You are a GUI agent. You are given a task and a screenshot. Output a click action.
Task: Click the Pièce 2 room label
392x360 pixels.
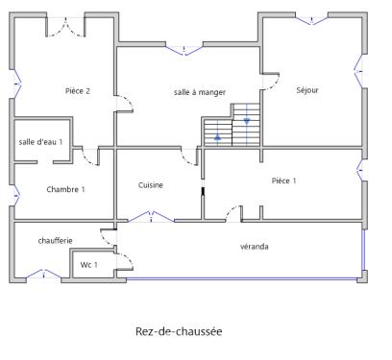(x=77, y=91)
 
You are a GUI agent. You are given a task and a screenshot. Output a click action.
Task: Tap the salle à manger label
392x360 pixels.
(x=199, y=91)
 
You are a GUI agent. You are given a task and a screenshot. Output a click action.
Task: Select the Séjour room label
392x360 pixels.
(x=307, y=90)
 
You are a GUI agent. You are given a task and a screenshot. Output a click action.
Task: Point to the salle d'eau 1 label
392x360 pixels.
(x=40, y=142)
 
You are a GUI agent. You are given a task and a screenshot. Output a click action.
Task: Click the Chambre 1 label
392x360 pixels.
(x=65, y=189)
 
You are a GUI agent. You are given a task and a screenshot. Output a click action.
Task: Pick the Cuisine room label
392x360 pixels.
(x=151, y=184)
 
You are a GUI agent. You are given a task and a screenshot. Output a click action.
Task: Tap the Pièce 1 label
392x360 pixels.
(x=283, y=180)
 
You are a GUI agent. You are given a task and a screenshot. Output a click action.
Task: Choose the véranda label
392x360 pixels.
(x=255, y=247)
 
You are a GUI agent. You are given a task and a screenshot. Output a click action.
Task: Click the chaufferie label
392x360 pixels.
(x=56, y=240)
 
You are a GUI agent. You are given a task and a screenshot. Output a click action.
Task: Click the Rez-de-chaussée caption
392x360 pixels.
(x=180, y=332)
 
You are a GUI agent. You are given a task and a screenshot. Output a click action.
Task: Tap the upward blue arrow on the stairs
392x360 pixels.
(x=218, y=137)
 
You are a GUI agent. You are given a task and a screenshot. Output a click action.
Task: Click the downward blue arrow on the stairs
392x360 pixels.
(x=248, y=121)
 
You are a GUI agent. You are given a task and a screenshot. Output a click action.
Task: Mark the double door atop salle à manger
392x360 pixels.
(x=188, y=48)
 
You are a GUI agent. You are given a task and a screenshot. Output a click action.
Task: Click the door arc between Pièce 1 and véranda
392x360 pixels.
(x=233, y=212)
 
